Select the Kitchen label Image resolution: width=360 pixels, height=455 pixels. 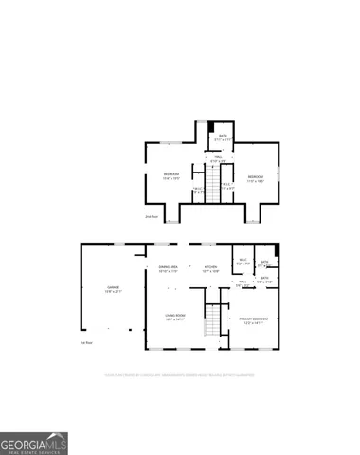210,268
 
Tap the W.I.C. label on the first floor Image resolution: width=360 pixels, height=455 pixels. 243,263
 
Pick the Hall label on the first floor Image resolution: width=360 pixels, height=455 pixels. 243,282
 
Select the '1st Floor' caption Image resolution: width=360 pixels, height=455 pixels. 85,342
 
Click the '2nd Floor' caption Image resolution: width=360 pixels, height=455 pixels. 151,216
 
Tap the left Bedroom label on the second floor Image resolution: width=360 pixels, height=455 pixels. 171,175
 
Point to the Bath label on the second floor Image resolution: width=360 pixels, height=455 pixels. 223,138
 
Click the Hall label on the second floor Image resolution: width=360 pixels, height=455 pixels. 216,160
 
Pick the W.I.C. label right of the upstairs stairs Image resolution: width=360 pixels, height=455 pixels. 227,185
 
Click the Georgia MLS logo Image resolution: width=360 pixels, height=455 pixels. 33,443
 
